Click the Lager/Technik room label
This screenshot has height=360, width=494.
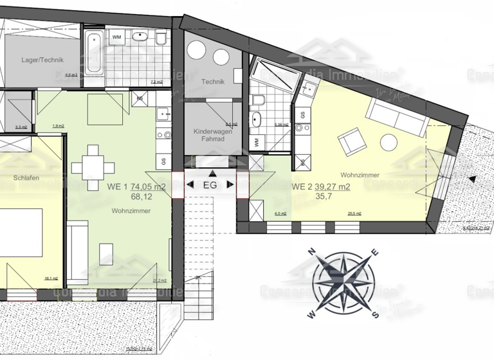pos(42,60)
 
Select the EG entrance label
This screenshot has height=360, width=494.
pos(210,185)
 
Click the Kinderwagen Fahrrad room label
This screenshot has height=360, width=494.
pos(212,136)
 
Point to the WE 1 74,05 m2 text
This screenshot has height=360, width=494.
pos(136,187)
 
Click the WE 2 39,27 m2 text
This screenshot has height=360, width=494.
pos(321,187)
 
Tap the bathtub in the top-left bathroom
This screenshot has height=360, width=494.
pos(93,50)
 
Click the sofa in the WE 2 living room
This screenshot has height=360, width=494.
pos(394,117)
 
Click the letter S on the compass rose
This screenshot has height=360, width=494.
pos(376,314)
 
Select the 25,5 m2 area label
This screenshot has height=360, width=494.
pos(354,213)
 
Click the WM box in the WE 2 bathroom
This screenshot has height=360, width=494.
pos(257,141)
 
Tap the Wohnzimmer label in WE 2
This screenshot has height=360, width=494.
pos(360,174)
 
